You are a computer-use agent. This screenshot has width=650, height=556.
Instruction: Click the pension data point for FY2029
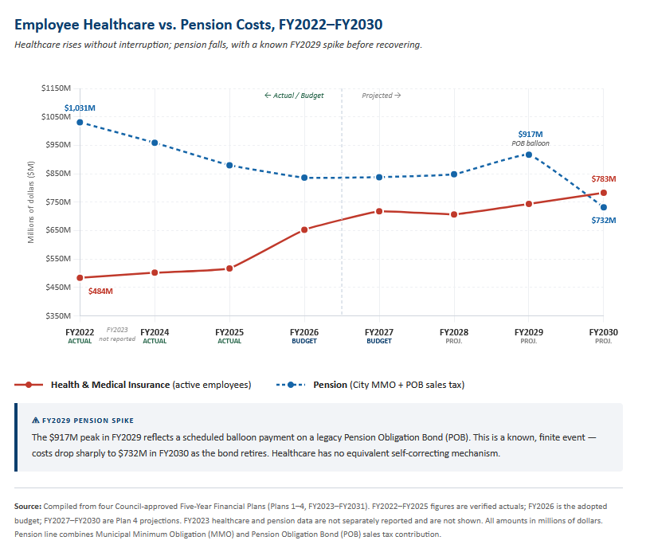tap(529, 155)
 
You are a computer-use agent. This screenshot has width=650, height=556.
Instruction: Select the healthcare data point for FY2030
tap(604, 193)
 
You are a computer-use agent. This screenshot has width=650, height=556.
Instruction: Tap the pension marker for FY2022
tap(80, 123)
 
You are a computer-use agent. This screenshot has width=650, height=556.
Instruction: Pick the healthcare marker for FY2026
tap(304, 229)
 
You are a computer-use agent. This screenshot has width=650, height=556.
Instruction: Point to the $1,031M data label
tap(80, 108)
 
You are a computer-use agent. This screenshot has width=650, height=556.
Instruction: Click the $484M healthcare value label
tap(100, 291)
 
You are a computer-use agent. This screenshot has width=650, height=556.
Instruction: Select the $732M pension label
tap(603, 220)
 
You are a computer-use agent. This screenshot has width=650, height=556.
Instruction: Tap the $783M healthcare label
tap(604, 179)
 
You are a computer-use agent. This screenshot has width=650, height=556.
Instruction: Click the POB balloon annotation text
tap(530, 143)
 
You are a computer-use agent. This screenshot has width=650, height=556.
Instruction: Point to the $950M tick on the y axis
tap(56, 145)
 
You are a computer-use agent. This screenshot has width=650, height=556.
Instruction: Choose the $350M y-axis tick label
tap(56, 316)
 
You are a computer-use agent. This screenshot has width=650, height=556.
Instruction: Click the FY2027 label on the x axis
tap(379, 331)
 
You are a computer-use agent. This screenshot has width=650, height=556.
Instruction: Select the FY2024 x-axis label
tap(155, 331)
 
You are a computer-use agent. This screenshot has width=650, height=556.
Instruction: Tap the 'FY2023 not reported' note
tap(117, 334)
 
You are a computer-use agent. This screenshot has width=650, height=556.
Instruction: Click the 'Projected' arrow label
tap(381, 96)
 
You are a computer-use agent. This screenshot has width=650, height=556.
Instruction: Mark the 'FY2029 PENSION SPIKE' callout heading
tap(87, 420)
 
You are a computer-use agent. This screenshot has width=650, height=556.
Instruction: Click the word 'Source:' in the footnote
tap(28, 506)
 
